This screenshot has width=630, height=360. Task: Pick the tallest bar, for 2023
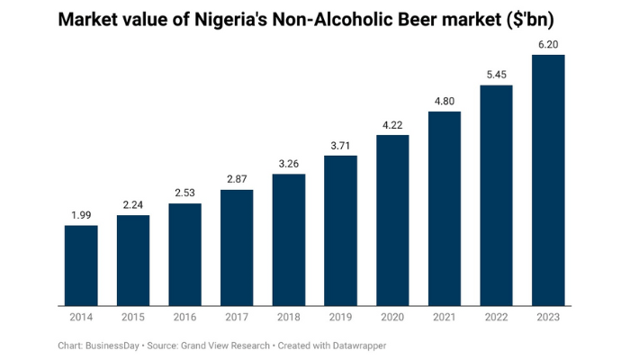(x=548, y=180)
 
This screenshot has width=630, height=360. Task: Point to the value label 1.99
(x=81, y=215)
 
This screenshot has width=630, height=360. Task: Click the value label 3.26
(x=289, y=164)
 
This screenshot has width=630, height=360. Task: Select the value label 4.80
(x=445, y=102)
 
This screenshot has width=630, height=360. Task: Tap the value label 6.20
(x=548, y=45)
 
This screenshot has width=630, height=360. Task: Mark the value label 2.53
(x=184, y=193)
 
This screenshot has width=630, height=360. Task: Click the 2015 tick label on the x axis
(x=133, y=318)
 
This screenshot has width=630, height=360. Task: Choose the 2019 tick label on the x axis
(x=340, y=318)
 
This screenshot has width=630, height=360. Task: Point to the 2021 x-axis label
(x=445, y=318)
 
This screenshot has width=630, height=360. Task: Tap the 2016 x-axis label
(x=184, y=318)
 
